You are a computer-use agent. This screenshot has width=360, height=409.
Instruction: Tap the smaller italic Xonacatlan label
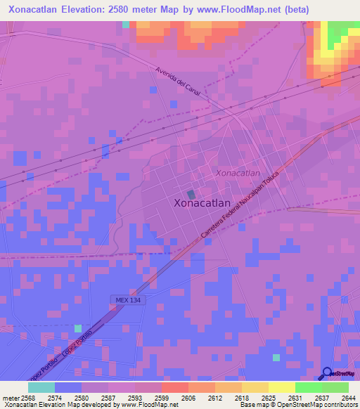point(238,173)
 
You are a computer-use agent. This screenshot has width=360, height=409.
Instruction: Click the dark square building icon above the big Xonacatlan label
point(191,194)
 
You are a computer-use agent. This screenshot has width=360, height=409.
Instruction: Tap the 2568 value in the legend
point(27,397)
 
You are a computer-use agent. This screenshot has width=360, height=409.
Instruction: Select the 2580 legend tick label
point(82,397)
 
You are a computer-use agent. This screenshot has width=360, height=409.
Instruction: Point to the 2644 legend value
point(349,397)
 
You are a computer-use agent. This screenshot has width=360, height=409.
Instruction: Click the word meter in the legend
point(10,397)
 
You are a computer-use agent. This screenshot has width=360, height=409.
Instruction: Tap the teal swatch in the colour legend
point(41,387)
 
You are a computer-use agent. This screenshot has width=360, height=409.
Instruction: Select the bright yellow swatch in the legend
point(281,387)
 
